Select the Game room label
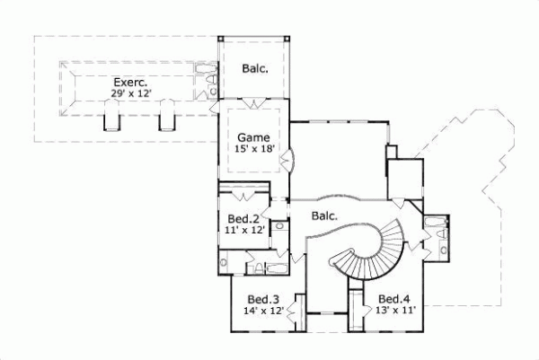click(252, 137)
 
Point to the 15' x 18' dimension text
click(252, 149)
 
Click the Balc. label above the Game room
click(253, 68)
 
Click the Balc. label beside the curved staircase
click(324, 215)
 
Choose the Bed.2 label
click(243, 219)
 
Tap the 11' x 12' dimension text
click(243, 231)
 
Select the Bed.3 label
click(263, 299)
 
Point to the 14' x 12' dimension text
click(263, 311)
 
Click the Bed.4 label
click(395, 299)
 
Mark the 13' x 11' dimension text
click(395, 311)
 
